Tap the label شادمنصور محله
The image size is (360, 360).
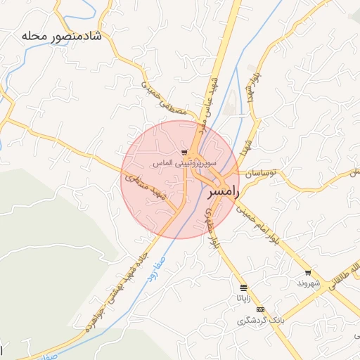[x=62, y=36]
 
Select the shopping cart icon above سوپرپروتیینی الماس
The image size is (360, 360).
[x=184, y=152]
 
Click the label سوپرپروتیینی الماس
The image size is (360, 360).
[x=184, y=163]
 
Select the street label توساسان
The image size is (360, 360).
[x=262, y=172]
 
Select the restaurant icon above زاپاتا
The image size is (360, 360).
[x=243, y=288]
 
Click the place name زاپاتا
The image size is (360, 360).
[x=243, y=298]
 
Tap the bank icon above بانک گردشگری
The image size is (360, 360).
[x=261, y=309]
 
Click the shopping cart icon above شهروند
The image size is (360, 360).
[x=308, y=273]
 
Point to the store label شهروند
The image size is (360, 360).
[x=308, y=283]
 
